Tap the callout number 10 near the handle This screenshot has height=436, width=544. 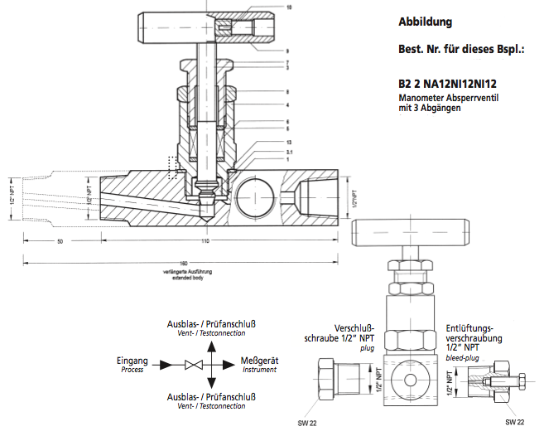(x=289, y=7)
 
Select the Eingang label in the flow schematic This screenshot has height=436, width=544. (x=132, y=361)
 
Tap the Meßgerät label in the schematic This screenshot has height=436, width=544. (x=259, y=361)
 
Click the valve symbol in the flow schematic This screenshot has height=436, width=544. (x=194, y=365)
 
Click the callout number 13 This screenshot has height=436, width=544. (x=288, y=143)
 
